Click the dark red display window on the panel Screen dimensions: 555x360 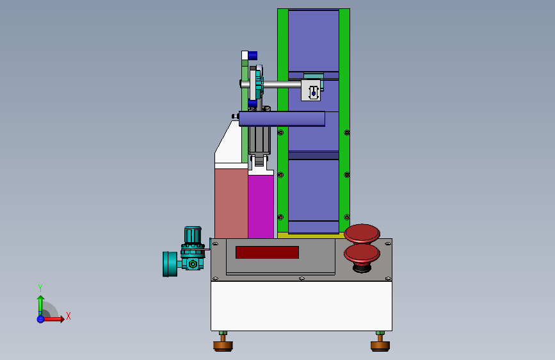[x=267, y=252]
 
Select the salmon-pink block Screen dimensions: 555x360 [x=231, y=204]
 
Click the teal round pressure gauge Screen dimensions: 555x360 [x=170, y=264]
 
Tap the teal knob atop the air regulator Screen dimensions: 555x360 [x=193, y=234]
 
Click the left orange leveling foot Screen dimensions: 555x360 [x=223, y=345]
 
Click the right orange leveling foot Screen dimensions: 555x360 [x=380, y=345]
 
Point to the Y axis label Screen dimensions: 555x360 [x=40, y=288]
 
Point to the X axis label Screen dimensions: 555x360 [x=68, y=316]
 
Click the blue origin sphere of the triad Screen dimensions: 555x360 [x=41, y=319]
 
